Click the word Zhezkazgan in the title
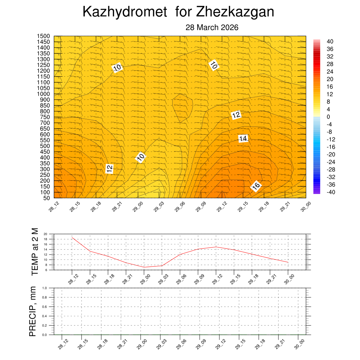point(235,12)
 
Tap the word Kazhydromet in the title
point(124,12)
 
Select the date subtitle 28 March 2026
point(212,27)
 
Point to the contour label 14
point(243,139)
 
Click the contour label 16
point(256,186)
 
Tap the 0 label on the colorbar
point(328,117)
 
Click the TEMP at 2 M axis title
point(34,252)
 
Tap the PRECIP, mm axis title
point(33,311)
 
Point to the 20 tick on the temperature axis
point(45,234)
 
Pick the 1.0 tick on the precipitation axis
point(45,288)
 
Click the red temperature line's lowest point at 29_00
point(144,267)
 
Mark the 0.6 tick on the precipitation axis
point(45,307)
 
